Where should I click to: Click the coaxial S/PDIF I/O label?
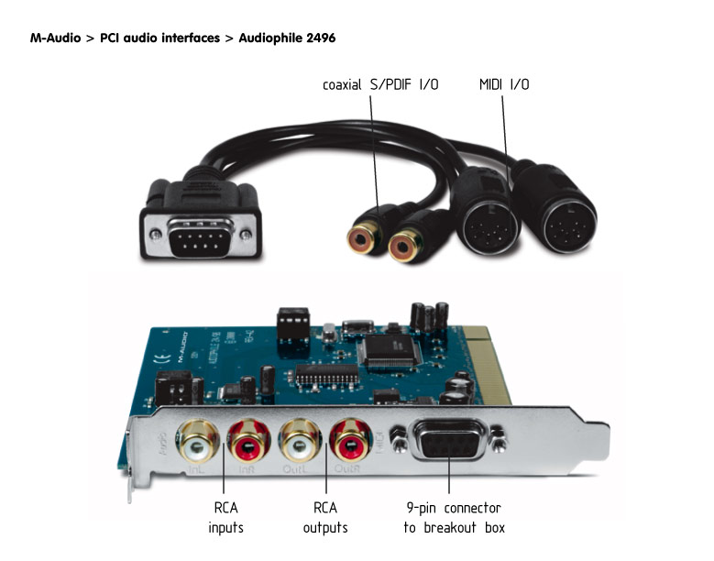point(380,85)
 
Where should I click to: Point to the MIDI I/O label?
point(504,85)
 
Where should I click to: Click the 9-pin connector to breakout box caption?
point(454,518)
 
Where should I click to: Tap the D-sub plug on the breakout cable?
point(199,226)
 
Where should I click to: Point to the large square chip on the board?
point(382,347)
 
